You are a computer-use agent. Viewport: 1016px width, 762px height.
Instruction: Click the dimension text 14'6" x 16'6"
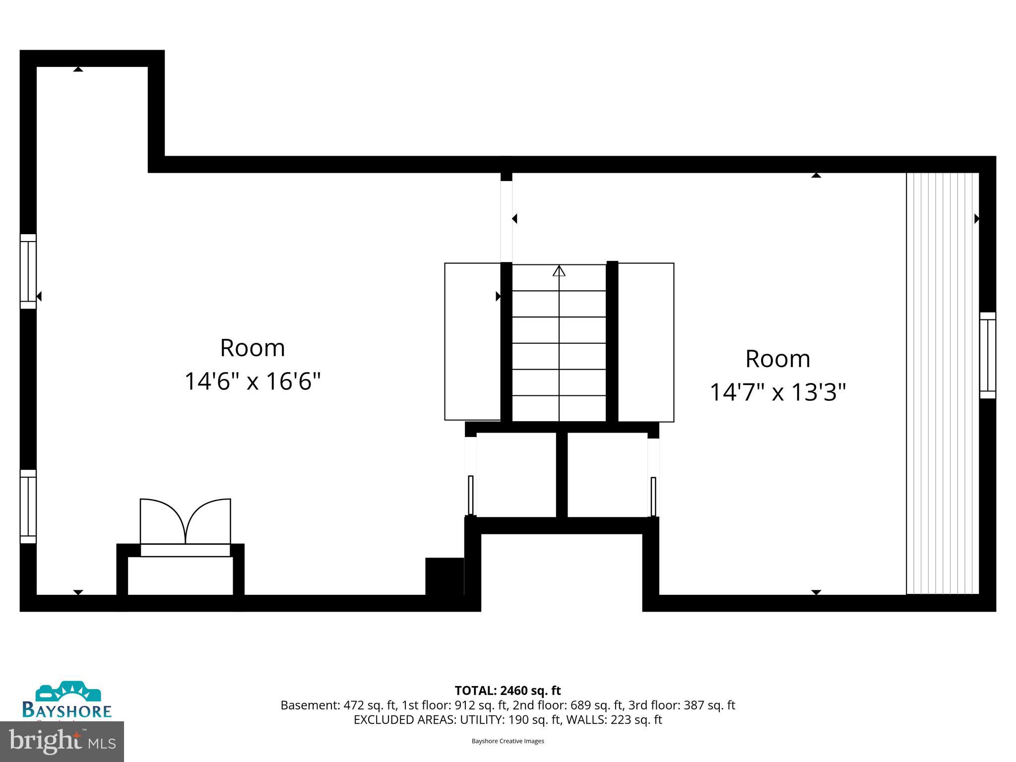click(x=253, y=381)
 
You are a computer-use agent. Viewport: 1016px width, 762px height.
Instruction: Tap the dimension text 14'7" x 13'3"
click(x=777, y=392)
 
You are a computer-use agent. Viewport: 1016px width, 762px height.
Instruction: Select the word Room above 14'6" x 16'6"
click(x=253, y=348)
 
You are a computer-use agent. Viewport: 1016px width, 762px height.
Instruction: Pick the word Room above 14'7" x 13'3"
click(x=777, y=359)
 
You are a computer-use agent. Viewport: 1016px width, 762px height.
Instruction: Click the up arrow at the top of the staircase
click(x=559, y=271)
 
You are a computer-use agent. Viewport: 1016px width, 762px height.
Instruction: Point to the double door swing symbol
click(x=185, y=521)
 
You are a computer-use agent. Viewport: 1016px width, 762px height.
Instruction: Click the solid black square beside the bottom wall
click(x=444, y=576)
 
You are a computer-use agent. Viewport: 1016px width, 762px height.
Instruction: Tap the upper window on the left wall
click(x=28, y=271)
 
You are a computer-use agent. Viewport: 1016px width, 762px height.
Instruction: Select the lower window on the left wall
click(x=28, y=507)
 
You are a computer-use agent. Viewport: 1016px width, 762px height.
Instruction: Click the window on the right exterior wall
click(x=987, y=355)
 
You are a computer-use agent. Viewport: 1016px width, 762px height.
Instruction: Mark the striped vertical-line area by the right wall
click(x=942, y=383)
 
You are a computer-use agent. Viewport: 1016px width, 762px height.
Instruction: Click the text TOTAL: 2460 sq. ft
click(x=508, y=691)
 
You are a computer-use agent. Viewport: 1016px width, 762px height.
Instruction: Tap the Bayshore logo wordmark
click(x=67, y=710)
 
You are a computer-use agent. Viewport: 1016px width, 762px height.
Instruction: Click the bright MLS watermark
click(x=62, y=741)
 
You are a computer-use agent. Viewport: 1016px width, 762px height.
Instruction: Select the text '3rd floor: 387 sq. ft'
click(x=682, y=705)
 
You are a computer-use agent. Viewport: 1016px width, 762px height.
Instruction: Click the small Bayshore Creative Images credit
click(x=508, y=741)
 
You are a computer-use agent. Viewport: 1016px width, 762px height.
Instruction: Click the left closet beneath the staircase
click(x=516, y=475)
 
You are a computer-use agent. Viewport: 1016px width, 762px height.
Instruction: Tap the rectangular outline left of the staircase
click(x=472, y=341)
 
